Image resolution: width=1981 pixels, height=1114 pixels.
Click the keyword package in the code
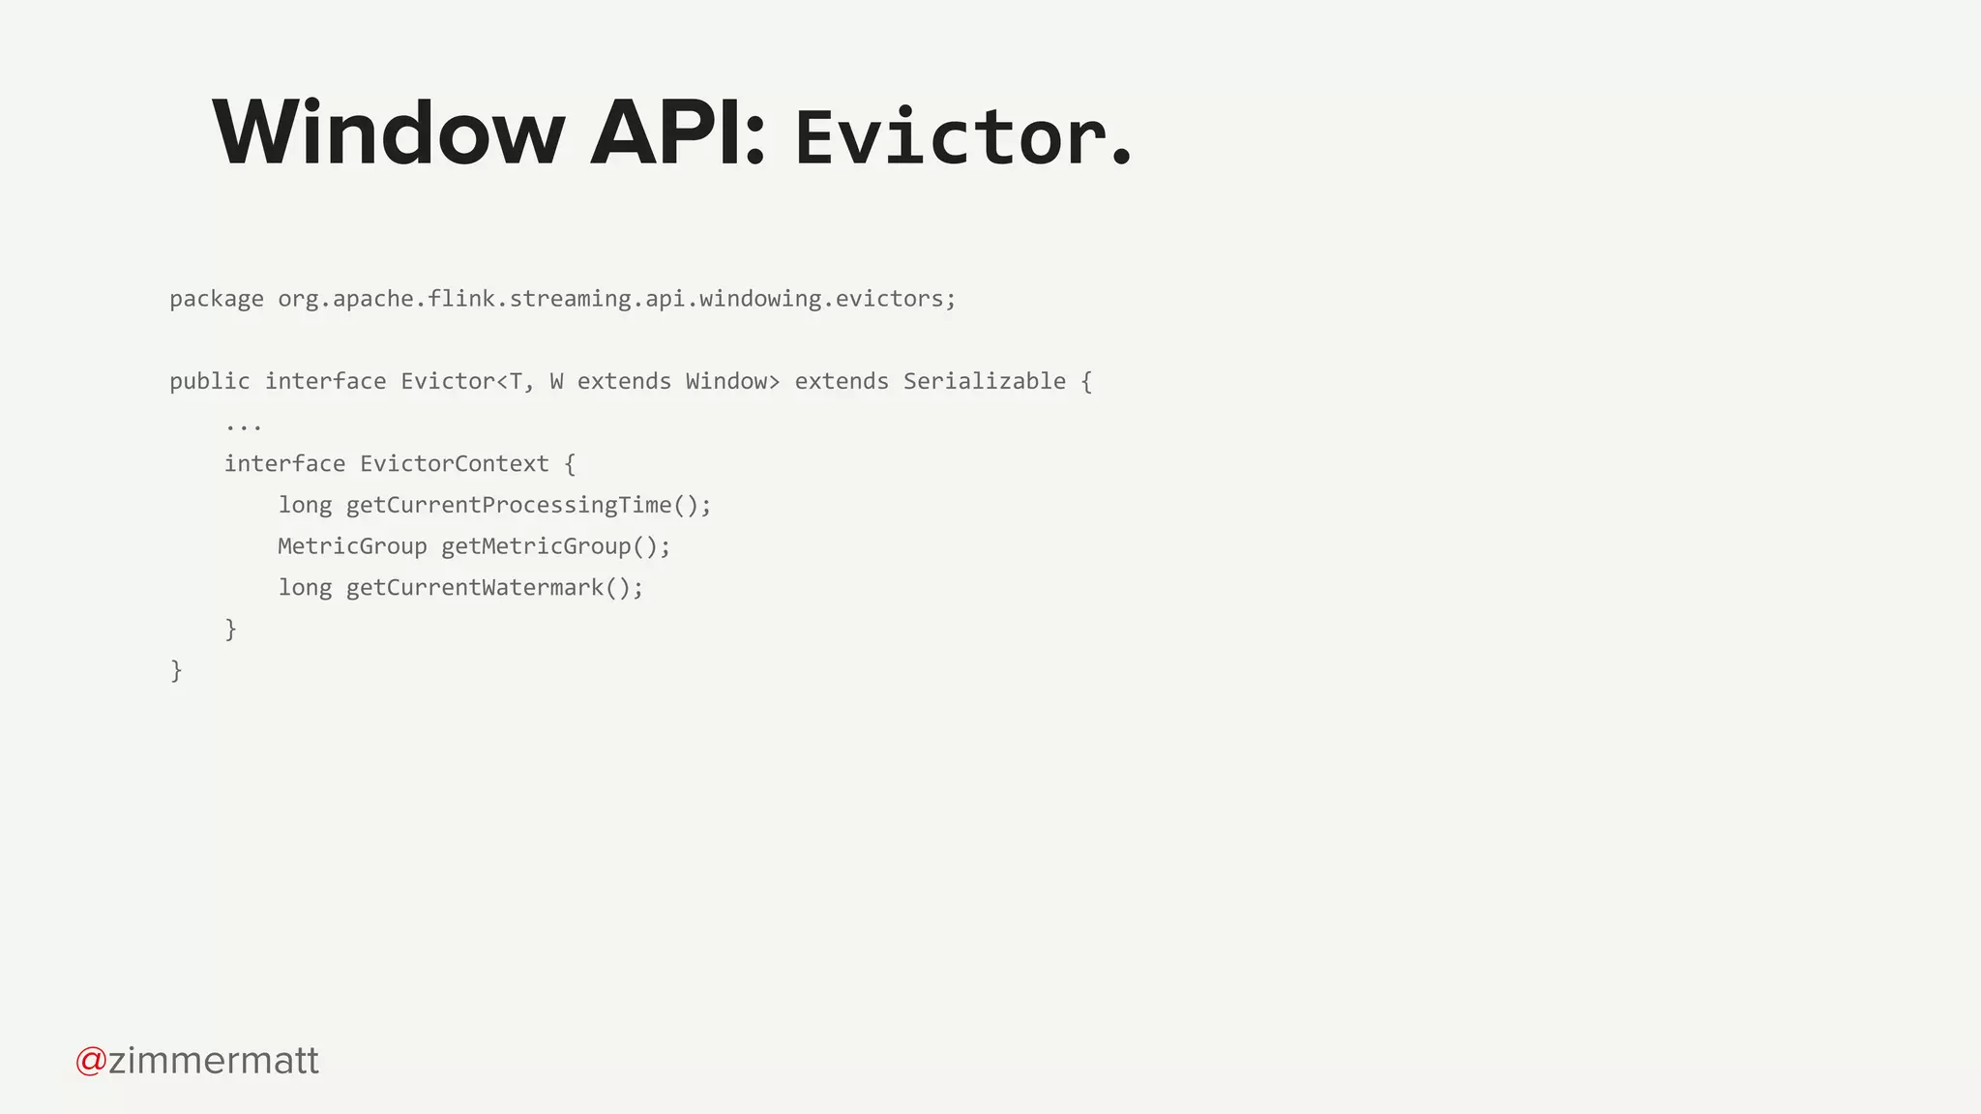(216, 299)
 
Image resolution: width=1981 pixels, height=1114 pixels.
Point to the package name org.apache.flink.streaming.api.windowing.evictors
(616, 299)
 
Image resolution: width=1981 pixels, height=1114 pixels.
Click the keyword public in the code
(209, 381)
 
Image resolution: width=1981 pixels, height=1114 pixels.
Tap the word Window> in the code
(732, 381)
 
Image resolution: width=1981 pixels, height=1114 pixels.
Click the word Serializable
(984, 381)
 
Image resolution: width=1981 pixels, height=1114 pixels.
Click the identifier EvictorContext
(454, 464)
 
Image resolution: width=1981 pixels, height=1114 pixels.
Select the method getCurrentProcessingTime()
(528, 506)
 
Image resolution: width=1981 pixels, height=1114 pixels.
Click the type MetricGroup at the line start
(352, 546)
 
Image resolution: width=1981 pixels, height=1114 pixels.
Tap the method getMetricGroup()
(555, 546)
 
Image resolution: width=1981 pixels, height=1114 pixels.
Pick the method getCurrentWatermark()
(494, 588)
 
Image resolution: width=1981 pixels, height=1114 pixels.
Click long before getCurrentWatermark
(305, 588)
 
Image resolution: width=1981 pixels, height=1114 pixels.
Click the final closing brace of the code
(176, 670)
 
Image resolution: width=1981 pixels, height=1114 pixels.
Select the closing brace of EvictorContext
(230, 630)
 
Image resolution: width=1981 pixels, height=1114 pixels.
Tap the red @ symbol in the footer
(91, 1061)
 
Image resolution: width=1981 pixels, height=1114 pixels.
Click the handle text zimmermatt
(214, 1061)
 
